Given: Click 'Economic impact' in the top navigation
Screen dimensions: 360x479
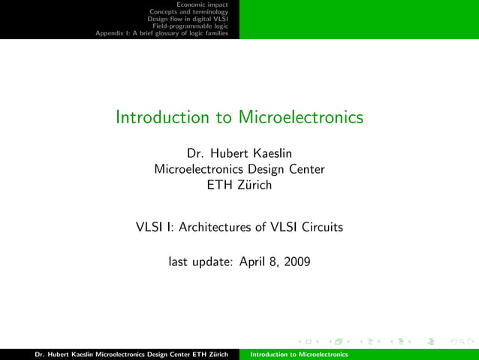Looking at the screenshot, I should (x=207, y=5).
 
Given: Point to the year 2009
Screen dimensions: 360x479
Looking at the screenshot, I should (x=295, y=262).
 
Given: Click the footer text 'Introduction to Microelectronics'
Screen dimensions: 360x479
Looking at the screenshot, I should (x=300, y=354).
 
